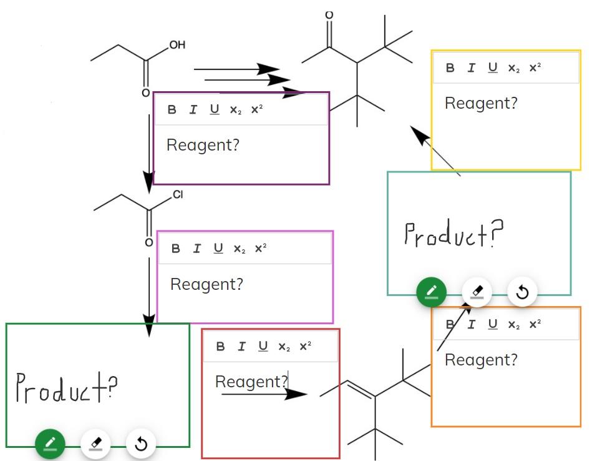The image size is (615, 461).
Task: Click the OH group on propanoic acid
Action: (x=177, y=45)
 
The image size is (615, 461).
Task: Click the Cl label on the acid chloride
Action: (x=178, y=195)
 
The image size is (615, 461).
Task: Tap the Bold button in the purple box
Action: (x=172, y=110)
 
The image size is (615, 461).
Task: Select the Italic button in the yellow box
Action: (x=472, y=68)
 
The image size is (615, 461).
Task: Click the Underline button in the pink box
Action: (x=218, y=249)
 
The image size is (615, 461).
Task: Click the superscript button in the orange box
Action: (x=535, y=324)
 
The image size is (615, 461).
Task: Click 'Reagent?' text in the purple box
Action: (x=203, y=146)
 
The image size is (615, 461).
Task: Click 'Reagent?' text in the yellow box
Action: (x=481, y=104)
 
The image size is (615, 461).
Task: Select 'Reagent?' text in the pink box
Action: (x=206, y=285)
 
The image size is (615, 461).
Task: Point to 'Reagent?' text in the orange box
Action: (x=481, y=360)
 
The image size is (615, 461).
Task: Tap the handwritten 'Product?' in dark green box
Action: (x=66, y=389)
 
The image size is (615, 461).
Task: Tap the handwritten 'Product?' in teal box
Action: (x=453, y=235)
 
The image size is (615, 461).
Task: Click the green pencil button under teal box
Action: (x=432, y=292)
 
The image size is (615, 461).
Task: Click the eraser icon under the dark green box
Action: (x=95, y=444)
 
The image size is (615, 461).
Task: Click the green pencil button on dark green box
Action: (x=51, y=444)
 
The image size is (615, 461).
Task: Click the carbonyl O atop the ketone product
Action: (x=329, y=14)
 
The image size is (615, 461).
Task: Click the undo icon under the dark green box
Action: (x=141, y=444)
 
